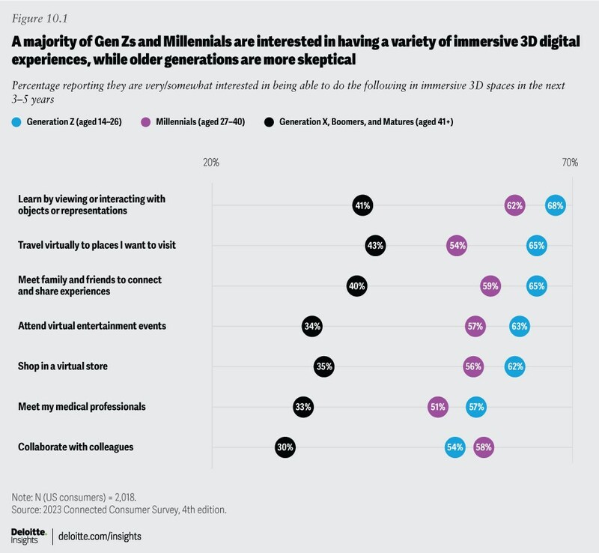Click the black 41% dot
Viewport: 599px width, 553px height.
(x=362, y=205)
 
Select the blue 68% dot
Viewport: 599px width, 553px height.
(x=555, y=205)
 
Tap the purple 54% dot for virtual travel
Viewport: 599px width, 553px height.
(x=457, y=246)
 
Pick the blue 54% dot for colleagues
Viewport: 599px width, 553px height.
(x=455, y=447)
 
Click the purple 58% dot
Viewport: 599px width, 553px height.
(x=484, y=447)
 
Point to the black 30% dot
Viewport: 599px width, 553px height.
(x=285, y=447)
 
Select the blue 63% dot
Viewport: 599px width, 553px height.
(x=520, y=326)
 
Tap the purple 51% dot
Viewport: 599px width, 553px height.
(x=438, y=407)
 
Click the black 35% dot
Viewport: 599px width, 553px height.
(x=324, y=366)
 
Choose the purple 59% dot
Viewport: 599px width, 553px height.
(x=490, y=286)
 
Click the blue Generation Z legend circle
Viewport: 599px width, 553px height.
(x=16, y=122)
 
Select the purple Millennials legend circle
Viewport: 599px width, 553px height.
(x=145, y=122)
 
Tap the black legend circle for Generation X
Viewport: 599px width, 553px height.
(x=269, y=122)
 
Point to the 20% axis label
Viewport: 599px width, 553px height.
(x=211, y=163)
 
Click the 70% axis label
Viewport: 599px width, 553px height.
(x=570, y=163)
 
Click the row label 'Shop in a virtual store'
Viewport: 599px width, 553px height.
(x=63, y=366)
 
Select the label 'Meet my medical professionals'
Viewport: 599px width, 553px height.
(x=82, y=407)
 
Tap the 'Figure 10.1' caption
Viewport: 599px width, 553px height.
(x=40, y=18)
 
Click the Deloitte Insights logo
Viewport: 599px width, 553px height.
(x=28, y=537)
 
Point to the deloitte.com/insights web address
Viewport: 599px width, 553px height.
(x=100, y=537)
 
